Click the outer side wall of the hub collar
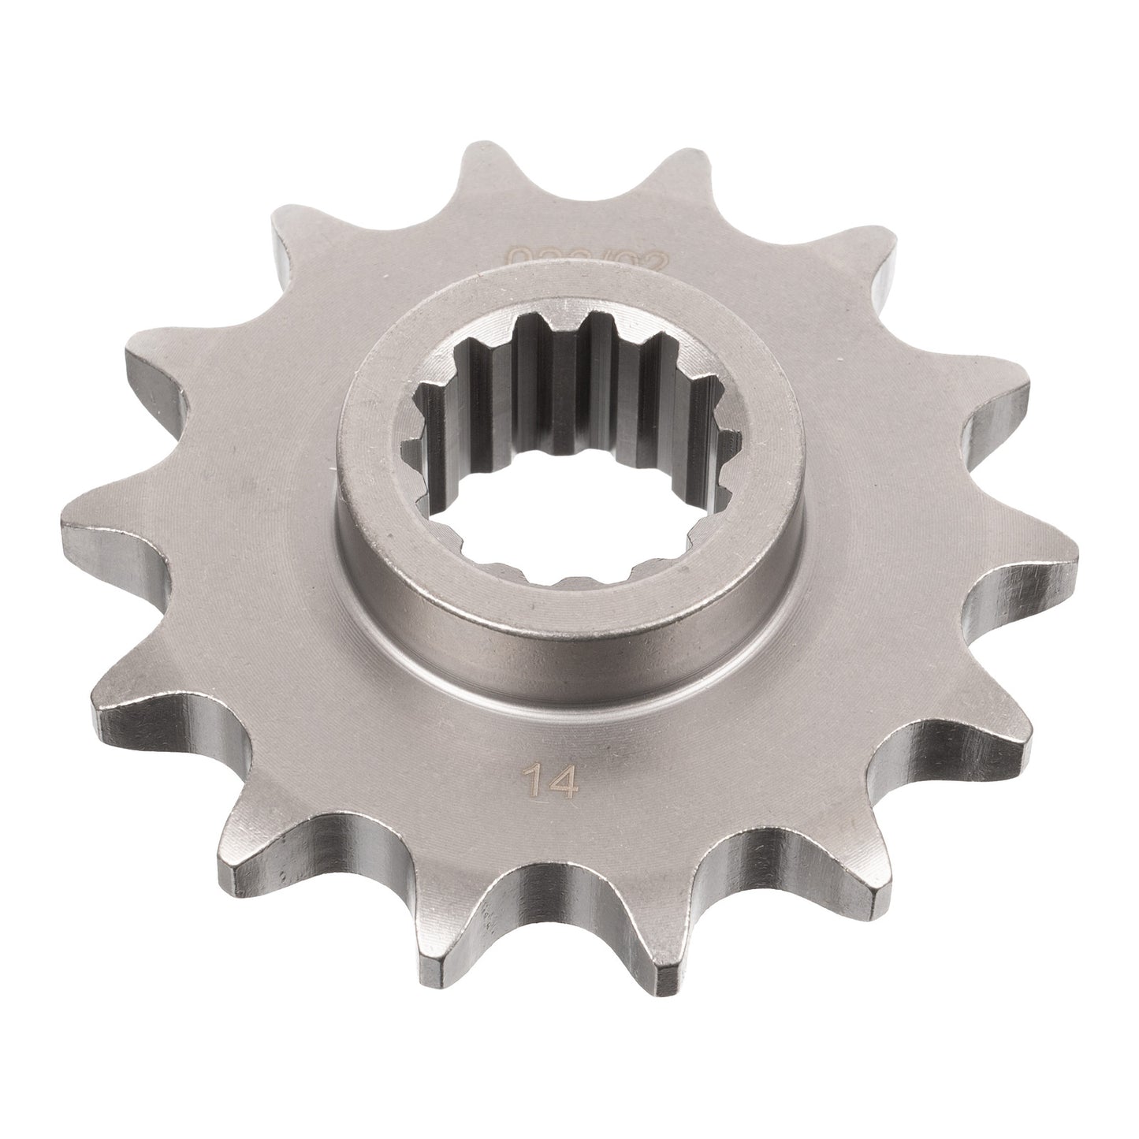click(x=552, y=638)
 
